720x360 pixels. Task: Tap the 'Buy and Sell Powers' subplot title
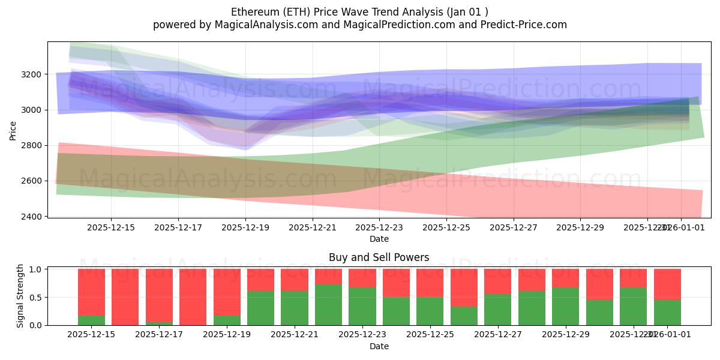click(x=379, y=257)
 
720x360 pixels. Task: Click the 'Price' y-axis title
click(x=13, y=130)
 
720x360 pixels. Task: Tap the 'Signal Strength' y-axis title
click(x=20, y=296)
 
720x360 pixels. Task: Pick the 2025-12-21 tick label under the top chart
click(x=313, y=228)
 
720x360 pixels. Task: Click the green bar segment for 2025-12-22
click(x=328, y=305)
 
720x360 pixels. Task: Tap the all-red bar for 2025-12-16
click(x=125, y=296)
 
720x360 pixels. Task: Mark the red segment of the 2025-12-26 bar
click(x=464, y=287)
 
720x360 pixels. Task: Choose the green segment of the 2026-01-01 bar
click(x=667, y=313)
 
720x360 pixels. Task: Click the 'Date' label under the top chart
click(x=379, y=239)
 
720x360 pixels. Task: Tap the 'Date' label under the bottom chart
click(x=379, y=346)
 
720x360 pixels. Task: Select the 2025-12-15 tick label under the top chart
click(x=111, y=228)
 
